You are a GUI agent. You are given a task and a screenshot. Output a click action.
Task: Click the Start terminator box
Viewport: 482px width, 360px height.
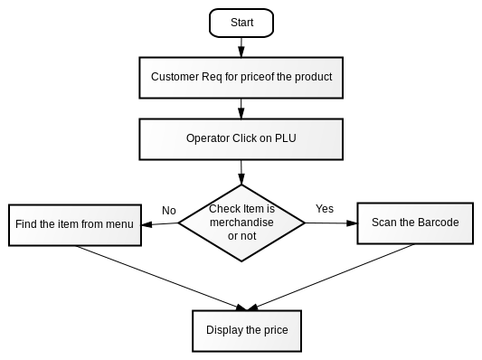[241, 23]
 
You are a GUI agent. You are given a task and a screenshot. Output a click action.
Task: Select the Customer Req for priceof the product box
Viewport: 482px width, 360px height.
[241, 78]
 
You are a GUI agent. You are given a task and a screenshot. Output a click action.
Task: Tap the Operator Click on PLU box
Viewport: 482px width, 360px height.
[241, 139]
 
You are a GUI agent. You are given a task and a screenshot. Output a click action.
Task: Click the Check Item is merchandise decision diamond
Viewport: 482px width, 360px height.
[241, 223]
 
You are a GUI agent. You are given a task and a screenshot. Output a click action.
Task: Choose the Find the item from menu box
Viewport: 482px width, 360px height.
[75, 225]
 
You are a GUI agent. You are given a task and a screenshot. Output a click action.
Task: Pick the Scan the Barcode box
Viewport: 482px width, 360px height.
[415, 223]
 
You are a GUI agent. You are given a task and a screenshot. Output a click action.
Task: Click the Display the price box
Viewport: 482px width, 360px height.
[247, 331]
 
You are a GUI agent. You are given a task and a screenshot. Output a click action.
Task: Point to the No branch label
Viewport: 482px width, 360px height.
[169, 211]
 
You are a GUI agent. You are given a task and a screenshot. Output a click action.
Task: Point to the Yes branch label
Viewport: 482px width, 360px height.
[325, 209]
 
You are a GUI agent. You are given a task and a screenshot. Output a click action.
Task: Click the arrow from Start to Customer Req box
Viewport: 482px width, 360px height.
[241, 47]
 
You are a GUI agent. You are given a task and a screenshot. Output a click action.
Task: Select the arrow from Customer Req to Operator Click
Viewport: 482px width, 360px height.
[241, 109]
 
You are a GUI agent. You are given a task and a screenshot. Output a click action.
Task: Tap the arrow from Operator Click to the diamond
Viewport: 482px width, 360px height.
[241, 172]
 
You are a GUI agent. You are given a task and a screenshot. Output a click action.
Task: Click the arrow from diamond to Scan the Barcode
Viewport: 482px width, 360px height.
[331, 223]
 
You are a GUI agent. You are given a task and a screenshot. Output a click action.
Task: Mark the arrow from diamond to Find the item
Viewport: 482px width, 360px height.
[160, 224]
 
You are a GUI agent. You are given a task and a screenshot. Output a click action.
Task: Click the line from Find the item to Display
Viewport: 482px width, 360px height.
[161, 278]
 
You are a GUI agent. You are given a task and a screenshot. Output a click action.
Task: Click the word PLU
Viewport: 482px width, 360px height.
[285, 138]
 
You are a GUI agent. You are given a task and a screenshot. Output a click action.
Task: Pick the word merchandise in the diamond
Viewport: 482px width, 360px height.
[241, 223]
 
